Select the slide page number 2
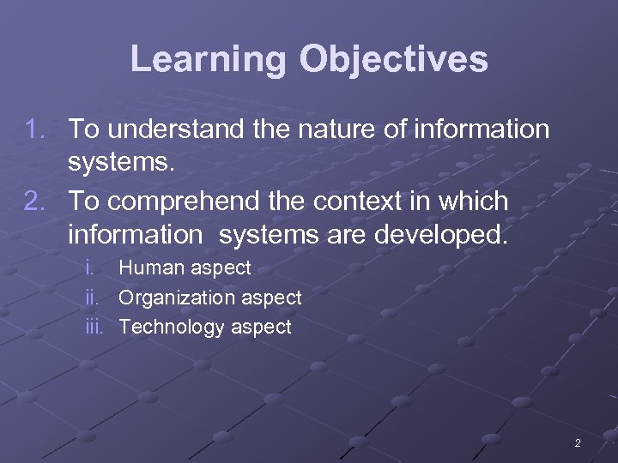(577, 443)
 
